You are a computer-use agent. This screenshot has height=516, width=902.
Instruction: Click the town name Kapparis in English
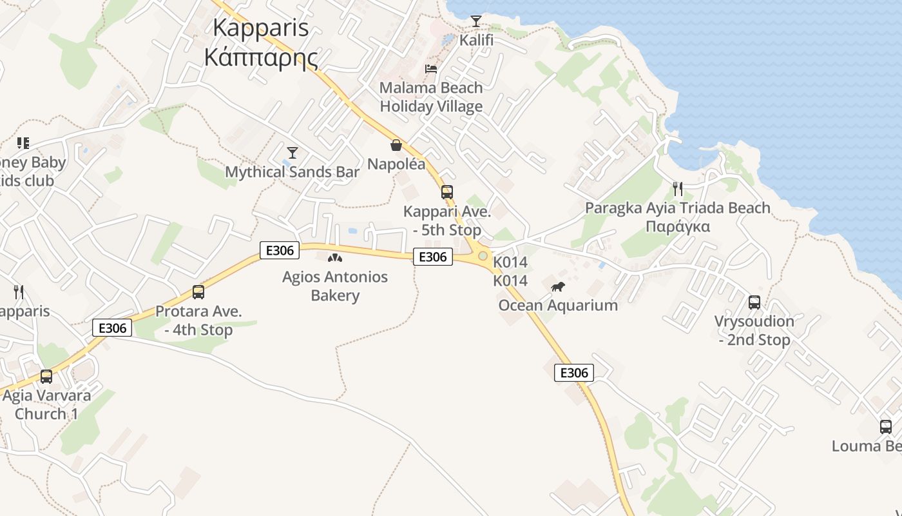coord(260,28)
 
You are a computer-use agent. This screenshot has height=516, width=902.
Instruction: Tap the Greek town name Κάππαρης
coord(260,57)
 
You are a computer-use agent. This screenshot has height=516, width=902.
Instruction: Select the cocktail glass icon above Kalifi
coord(475,21)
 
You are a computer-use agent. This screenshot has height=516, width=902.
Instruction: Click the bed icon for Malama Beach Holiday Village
coord(431,68)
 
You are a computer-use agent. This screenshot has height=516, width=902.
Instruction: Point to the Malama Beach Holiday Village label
coord(431,97)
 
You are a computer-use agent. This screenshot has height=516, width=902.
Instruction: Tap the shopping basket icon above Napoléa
coord(396,146)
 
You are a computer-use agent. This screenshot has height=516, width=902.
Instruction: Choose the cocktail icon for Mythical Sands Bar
coord(293,153)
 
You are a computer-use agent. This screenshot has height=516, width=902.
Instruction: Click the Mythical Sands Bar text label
coord(292,172)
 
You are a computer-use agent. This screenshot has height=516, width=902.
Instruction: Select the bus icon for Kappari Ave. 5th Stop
coord(446,192)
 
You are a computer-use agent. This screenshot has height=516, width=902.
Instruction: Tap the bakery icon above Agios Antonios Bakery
coord(334,258)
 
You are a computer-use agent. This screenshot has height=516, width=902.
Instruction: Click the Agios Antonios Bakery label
coord(335,286)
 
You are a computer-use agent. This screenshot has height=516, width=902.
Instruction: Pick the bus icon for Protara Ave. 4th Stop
coord(198,292)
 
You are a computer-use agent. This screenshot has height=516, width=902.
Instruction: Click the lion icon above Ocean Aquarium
coord(558,286)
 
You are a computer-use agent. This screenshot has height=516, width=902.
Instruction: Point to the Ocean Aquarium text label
coord(558,305)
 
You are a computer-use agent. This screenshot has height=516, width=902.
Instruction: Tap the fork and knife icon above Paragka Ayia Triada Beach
coord(677,188)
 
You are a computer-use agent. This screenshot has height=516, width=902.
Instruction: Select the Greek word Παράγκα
coord(677,226)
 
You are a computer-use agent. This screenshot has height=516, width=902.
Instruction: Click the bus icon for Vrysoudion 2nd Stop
coord(754,302)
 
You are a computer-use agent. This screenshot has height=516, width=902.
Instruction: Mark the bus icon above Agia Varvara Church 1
coord(46,376)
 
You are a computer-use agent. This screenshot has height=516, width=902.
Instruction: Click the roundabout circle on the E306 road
coord(483,256)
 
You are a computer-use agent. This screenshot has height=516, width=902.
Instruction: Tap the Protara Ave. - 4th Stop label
coord(198,321)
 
